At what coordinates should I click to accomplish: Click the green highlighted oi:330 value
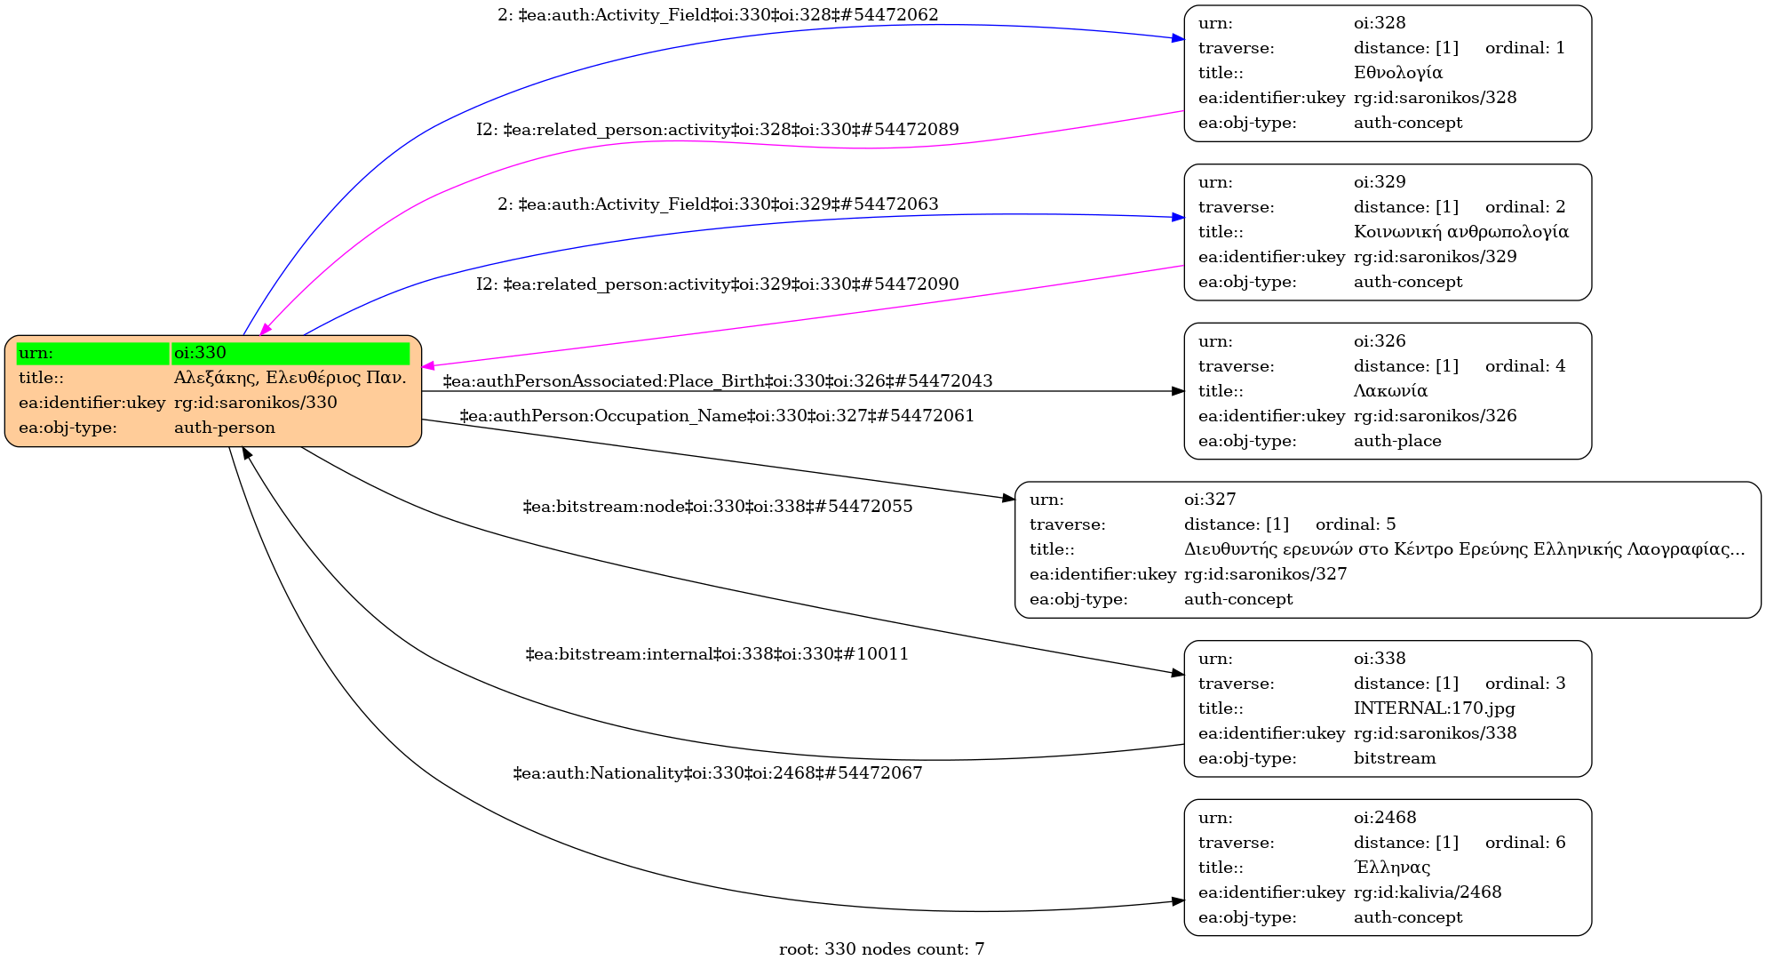(290, 353)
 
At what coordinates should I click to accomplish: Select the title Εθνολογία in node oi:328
(1397, 73)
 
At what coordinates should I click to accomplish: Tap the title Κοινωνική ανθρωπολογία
(1460, 232)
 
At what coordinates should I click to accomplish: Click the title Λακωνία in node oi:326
(1390, 391)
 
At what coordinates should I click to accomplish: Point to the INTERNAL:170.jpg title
(1434, 708)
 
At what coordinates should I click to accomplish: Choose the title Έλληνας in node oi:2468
(1391, 868)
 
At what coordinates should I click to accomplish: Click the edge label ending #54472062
(717, 15)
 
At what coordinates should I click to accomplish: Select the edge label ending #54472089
(717, 130)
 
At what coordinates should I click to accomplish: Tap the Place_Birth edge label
(717, 381)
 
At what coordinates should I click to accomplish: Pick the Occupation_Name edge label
(717, 416)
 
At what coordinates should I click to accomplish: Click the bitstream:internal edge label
(717, 654)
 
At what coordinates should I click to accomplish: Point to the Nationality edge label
(717, 773)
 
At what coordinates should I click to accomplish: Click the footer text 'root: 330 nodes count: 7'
(881, 949)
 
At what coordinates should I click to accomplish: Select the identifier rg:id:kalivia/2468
(1427, 892)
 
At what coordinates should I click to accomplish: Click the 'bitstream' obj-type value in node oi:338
(1394, 758)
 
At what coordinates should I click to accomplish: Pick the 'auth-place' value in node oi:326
(1396, 441)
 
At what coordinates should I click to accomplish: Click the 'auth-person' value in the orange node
(224, 428)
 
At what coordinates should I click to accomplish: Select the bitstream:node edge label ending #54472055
(717, 507)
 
